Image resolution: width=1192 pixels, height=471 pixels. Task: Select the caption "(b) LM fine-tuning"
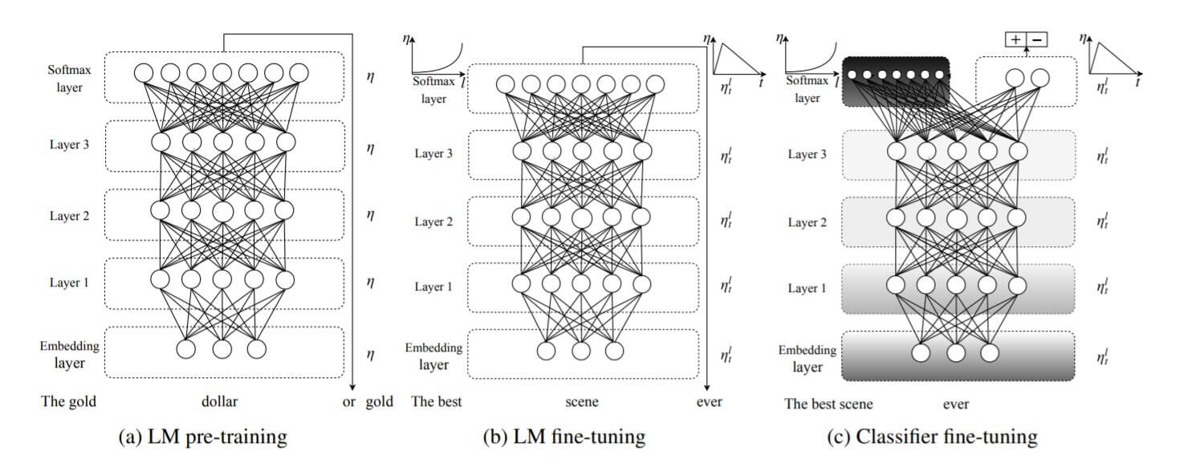click(x=563, y=437)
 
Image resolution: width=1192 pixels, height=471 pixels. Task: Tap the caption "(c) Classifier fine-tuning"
click(x=933, y=437)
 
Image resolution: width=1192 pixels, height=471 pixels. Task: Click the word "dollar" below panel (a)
click(x=219, y=401)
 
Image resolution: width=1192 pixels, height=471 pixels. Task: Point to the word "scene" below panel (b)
click(x=582, y=401)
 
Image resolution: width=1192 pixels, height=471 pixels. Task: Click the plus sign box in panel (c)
click(x=1015, y=39)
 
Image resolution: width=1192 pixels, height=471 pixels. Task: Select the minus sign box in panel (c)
click(x=1036, y=39)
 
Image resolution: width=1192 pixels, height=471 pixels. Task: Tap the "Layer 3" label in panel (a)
click(x=64, y=145)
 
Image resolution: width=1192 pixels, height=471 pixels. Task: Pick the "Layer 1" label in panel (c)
click(x=805, y=288)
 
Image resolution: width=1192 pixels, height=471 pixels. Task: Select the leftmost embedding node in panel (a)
click(x=186, y=349)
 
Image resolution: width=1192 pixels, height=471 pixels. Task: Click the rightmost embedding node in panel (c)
click(x=990, y=352)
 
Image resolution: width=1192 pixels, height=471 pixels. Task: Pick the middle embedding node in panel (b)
click(x=580, y=351)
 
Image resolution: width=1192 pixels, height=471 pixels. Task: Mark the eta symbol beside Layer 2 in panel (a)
click(x=369, y=215)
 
